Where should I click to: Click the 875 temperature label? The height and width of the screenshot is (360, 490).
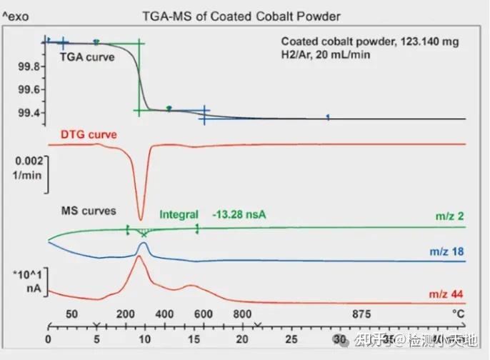pos(362,314)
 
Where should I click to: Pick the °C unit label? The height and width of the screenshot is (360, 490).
pos(458,314)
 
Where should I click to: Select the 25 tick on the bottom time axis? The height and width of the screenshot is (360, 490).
pos(292,339)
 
